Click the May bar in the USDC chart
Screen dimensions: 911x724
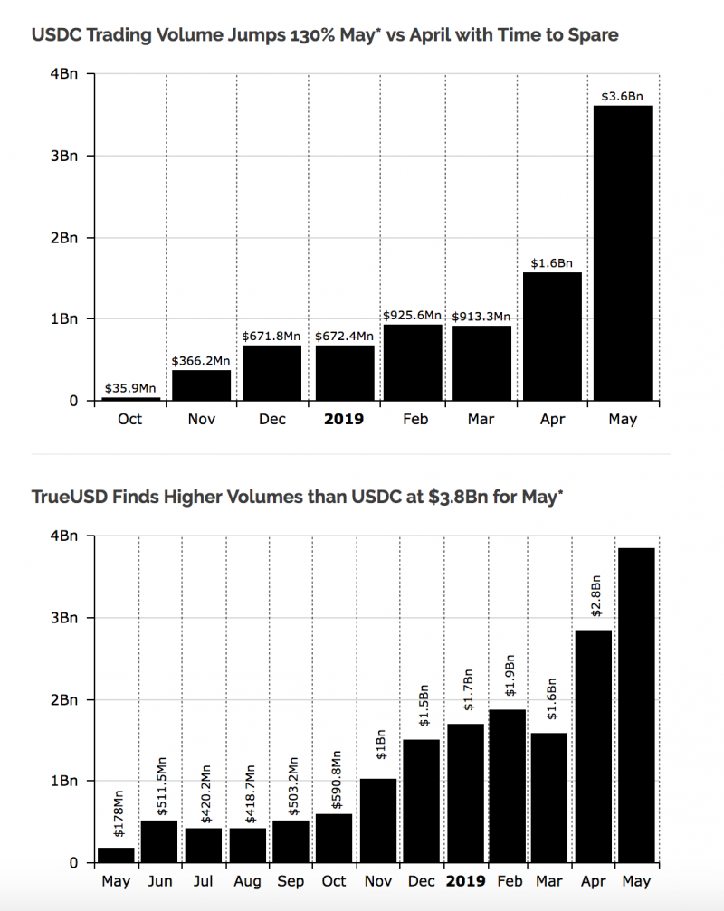(623, 252)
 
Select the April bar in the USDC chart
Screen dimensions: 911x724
(552, 336)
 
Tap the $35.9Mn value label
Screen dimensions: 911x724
(131, 389)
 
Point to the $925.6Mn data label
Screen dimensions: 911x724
(412, 316)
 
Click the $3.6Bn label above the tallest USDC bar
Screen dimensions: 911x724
(623, 96)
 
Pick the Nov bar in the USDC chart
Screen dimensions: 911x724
(201, 384)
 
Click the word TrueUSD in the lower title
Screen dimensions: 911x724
(66, 497)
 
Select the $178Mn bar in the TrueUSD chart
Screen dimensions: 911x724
(116, 854)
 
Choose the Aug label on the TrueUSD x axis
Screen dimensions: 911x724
(247, 881)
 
